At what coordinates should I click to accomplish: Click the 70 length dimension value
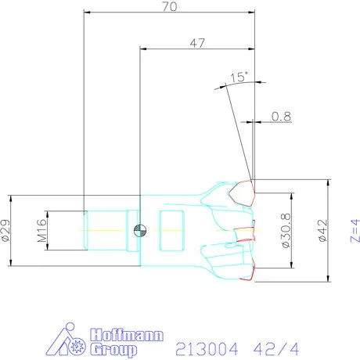coord(170,6)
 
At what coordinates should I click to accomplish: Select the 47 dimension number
coord(197,43)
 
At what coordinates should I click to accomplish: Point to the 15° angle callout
coord(239,77)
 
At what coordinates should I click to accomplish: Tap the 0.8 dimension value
coord(281,117)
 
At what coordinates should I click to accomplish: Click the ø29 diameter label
coord(5,230)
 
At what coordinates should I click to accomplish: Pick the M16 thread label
coord(42,231)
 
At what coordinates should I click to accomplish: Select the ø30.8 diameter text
coord(286,230)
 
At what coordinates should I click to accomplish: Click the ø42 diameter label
coord(322,231)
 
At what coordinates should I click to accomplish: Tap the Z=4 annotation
coord(355,231)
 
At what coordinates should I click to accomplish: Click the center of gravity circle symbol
coord(140,231)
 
